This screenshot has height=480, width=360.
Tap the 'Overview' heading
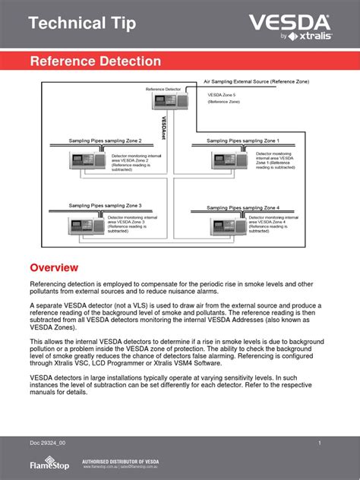[54, 268]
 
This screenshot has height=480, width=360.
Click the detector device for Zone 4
[227, 225]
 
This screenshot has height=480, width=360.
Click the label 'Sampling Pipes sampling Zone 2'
[95, 141]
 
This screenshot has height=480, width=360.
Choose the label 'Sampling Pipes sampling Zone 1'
[243, 141]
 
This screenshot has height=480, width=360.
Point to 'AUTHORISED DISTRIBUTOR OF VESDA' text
[125, 459]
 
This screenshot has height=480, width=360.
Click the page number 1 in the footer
[320, 443]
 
